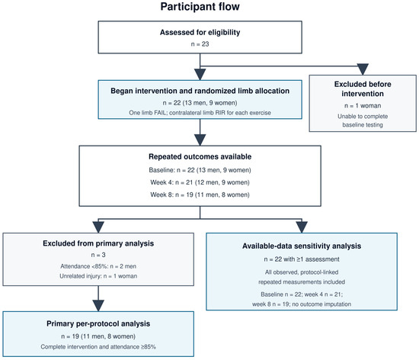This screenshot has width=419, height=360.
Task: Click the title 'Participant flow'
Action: (x=200, y=7)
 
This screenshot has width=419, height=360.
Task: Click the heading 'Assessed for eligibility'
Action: (x=200, y=32)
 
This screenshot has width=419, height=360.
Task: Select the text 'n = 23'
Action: (x=200, y=44)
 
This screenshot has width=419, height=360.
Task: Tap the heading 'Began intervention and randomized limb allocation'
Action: (x=200, y=91)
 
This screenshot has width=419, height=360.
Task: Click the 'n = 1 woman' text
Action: (x=363, y=106)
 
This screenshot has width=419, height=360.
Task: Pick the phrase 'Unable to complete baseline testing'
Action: (x=363, y=121)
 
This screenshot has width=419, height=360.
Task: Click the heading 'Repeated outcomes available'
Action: (x=200, y=156)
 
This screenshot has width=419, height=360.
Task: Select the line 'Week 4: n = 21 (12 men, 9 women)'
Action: (x=200, y=182)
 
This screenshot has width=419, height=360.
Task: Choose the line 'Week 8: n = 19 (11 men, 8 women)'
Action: (x=200, y=194)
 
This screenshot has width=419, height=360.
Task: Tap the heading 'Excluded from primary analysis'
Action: (x=98, y=243)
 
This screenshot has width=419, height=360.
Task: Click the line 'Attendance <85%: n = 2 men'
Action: (x=98, y=266)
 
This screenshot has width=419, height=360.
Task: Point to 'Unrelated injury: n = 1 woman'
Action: (x=98, y=276)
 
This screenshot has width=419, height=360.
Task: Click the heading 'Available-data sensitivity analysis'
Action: (x=302, y=246)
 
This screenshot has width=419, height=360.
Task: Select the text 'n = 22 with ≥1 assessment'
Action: (x=302, y=259)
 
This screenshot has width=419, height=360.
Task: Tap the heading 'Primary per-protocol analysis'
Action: (x=98, y=324)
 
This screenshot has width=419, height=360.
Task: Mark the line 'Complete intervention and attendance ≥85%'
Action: (x=98, y=347)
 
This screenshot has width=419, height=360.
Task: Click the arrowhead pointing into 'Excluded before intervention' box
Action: (x=363, y=69)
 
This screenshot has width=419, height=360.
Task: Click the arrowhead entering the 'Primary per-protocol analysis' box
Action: (x=98, y=306)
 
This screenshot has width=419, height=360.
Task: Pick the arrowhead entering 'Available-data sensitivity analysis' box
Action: (x=302, y=227)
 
